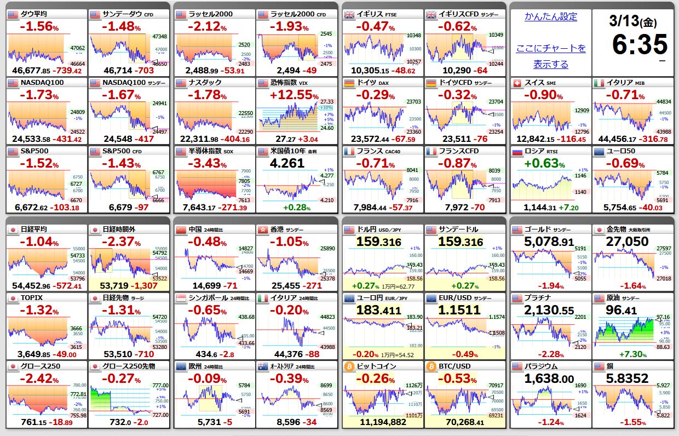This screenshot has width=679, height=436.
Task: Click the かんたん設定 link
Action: [x=550, y=16]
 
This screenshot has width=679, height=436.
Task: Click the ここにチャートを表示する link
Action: [x=550, y=56]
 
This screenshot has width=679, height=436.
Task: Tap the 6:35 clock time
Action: [x=640, y=45]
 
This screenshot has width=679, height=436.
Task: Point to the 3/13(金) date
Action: [x=632, y=21]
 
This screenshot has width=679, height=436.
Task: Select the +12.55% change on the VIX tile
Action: [x=295, y=95]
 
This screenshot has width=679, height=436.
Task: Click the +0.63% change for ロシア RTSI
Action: [x=544, y=163]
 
